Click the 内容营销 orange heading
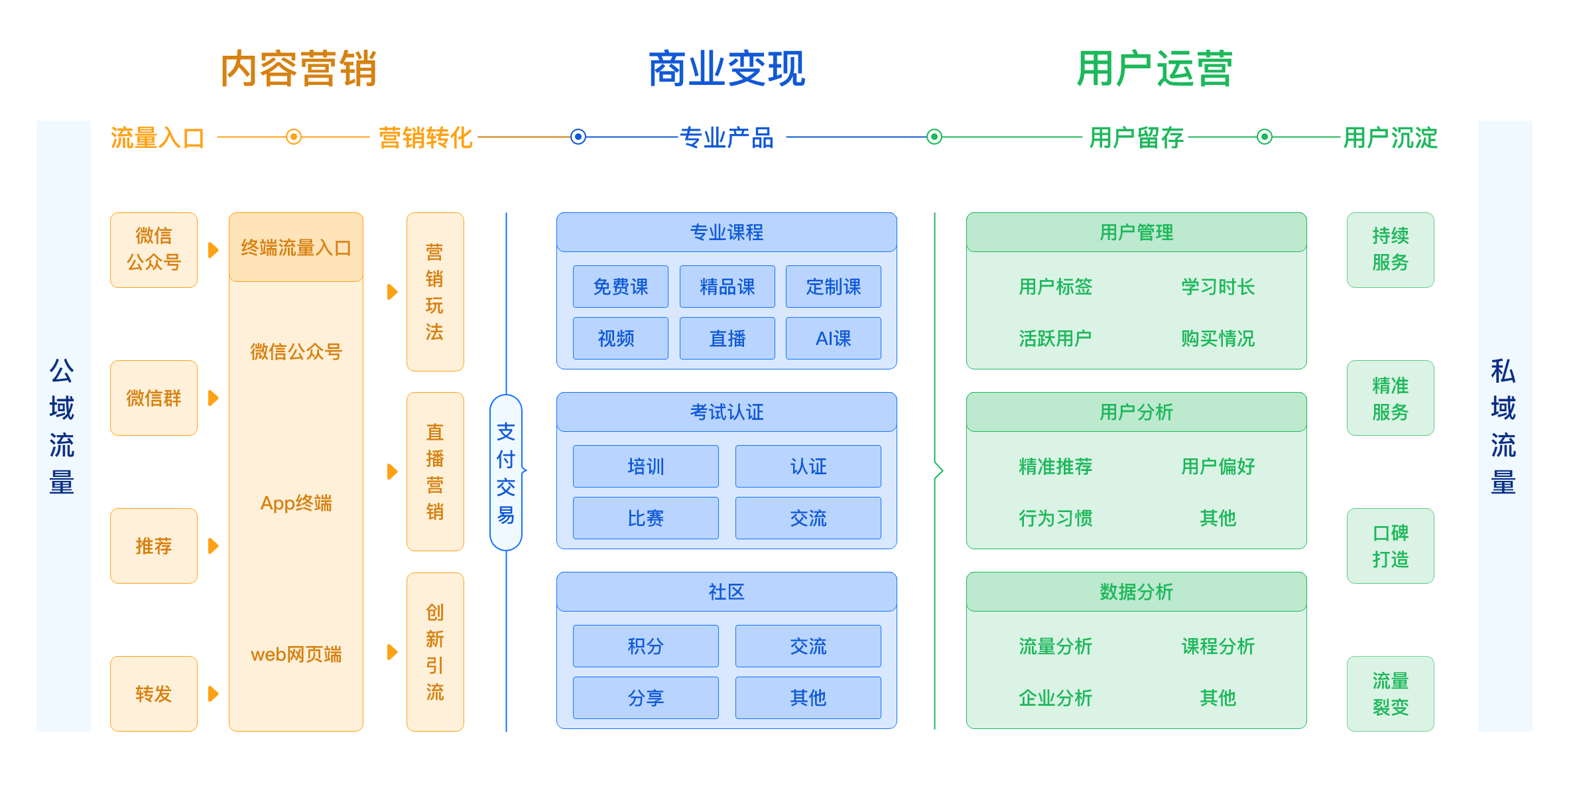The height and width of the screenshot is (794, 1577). coord(298,69)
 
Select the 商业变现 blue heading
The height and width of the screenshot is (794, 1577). coord(726,69)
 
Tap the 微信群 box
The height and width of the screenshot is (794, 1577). coord(153,398)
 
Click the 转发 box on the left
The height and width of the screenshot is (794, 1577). coord(153,694)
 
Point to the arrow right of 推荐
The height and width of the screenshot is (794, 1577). coord(213,546)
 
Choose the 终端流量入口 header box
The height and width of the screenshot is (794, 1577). coord(296,247)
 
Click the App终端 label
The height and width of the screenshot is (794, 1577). coord(296,503)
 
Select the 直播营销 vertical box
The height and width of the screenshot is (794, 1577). coord(434,472)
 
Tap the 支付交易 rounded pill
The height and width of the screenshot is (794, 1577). coord(506,472)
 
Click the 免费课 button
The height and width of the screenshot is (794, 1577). coord(620,287)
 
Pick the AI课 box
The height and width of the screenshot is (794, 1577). coord(833,338)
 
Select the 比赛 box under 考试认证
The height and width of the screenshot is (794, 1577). coord(645,518)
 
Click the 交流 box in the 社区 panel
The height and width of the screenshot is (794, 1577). coord(808,646)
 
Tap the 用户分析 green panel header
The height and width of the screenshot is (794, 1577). coord(1136,412)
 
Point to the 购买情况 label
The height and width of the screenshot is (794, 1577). coord(1218,338)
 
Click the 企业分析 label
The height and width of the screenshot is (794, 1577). coord(1055,698)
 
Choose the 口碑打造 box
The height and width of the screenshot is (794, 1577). coord(1390,546)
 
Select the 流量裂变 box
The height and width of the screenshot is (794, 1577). coord(1390,694)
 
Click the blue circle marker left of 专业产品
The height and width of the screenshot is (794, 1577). coord(578,137)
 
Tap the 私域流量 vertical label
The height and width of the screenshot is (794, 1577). coord(1503,426)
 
